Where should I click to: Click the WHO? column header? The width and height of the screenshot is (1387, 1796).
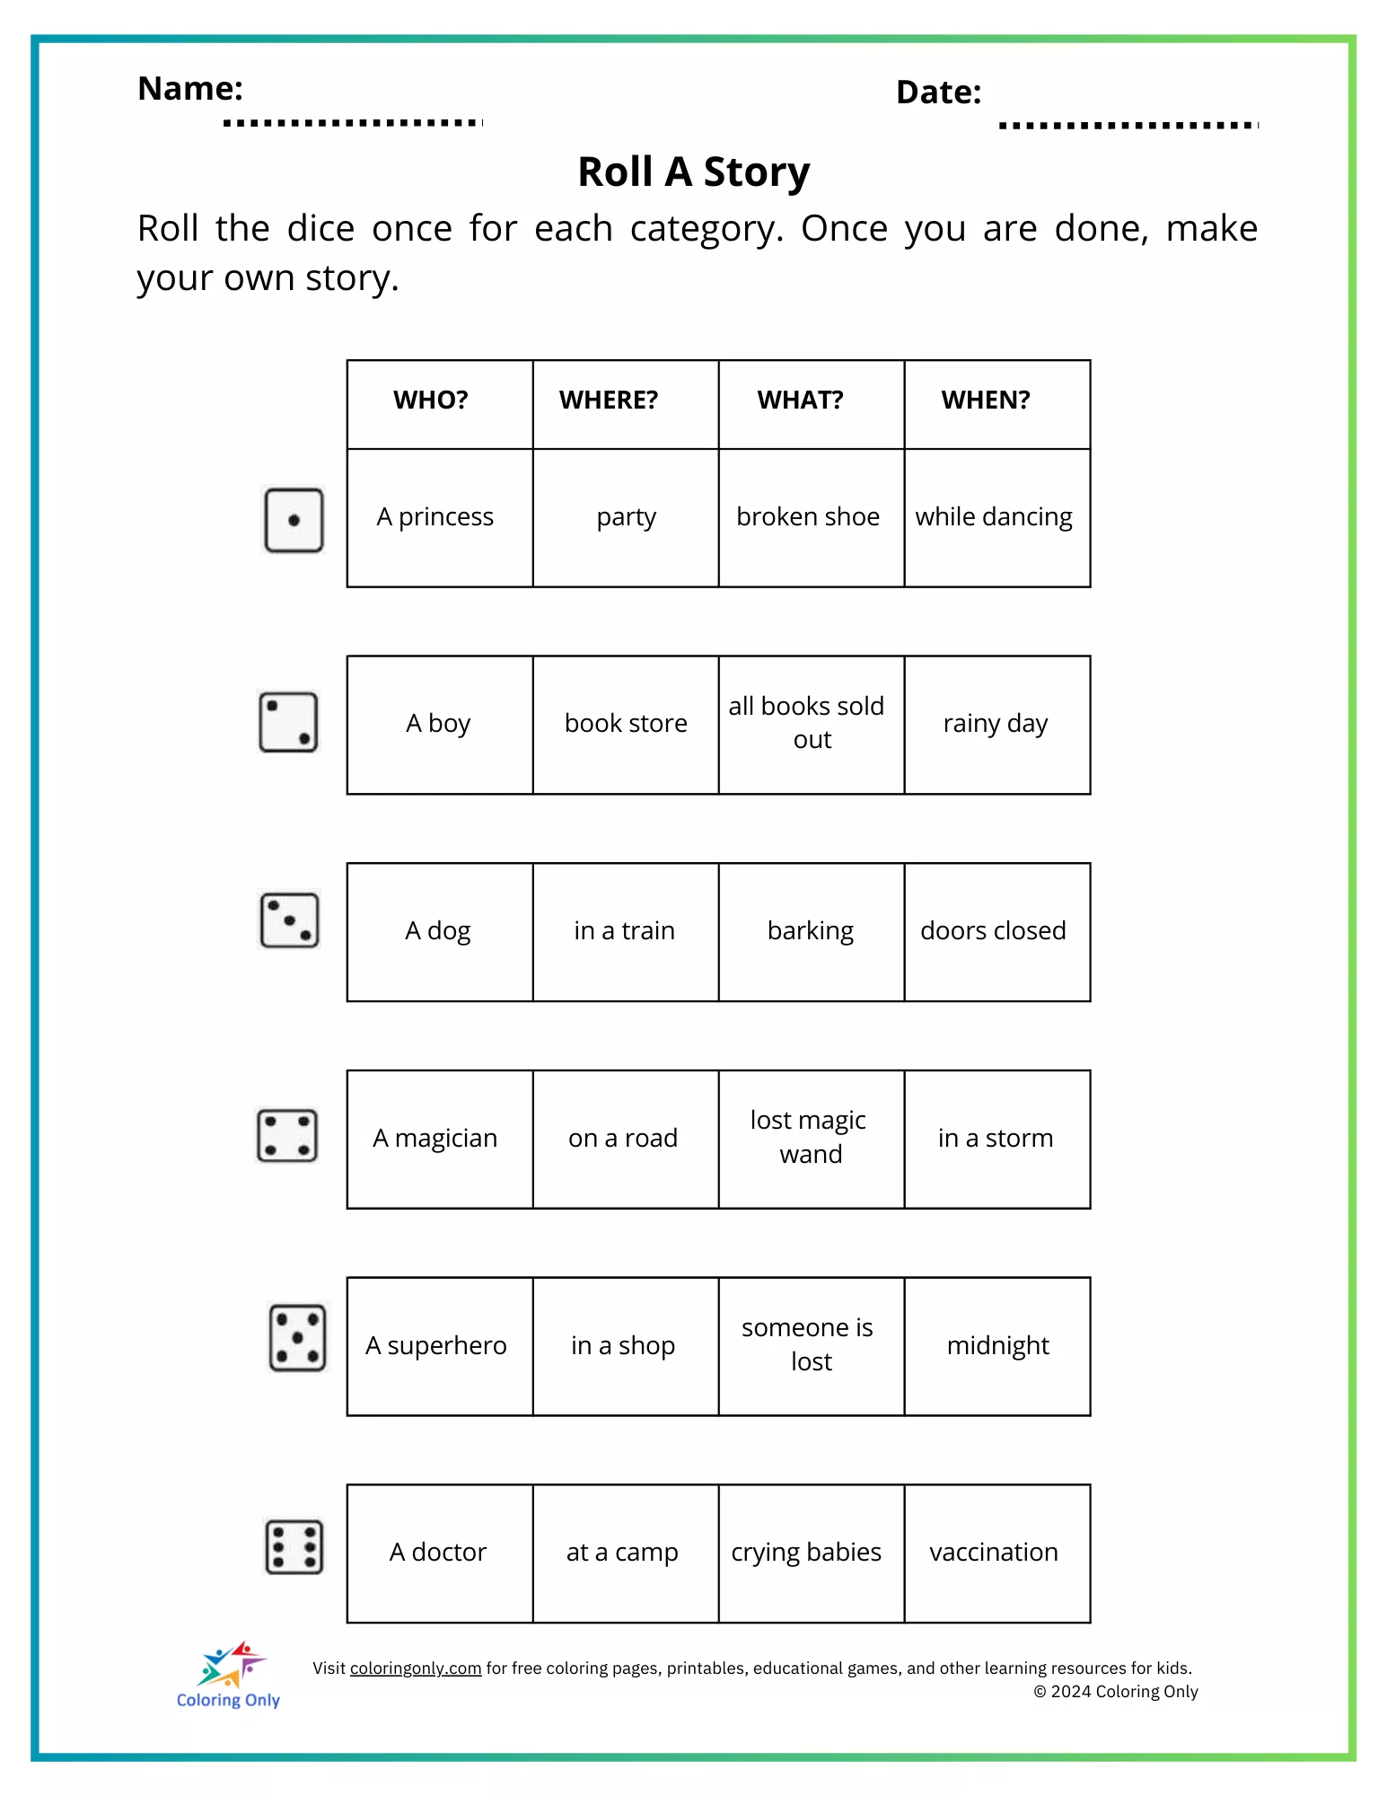pos(431,401)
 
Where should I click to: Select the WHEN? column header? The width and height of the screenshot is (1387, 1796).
pos(986,401)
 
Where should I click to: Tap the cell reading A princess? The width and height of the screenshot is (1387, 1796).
pos(435,517)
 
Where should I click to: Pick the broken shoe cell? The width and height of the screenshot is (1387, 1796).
pos(808,517)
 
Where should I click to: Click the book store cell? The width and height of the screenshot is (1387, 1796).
pos(626,724)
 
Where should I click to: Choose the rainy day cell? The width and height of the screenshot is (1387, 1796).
pos(996,724)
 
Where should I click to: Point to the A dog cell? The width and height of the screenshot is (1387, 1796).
pos(438,931)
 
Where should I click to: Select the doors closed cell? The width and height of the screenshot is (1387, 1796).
pos(994,931)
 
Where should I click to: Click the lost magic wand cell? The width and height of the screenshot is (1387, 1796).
pos(809,1138)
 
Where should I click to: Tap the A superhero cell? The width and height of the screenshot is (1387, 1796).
pos(436,1346)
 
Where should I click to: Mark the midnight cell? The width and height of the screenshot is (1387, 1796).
pos(998,1346)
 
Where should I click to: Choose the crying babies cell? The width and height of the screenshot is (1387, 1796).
pos(806,1553)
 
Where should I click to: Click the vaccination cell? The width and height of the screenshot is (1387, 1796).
pos(994,1553)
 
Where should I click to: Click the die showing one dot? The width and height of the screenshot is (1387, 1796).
pos(294,520)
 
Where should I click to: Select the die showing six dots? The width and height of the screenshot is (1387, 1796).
pos(294,1547)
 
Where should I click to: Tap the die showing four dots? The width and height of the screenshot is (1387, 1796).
pos(287,1136)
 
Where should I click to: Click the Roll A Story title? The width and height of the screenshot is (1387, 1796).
pos(694,172)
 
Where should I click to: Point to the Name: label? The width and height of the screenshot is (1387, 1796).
pos(190,89)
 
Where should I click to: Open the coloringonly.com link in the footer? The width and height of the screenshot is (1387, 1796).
pos(416,1668)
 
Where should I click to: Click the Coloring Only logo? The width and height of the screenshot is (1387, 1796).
pos(229,1676)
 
